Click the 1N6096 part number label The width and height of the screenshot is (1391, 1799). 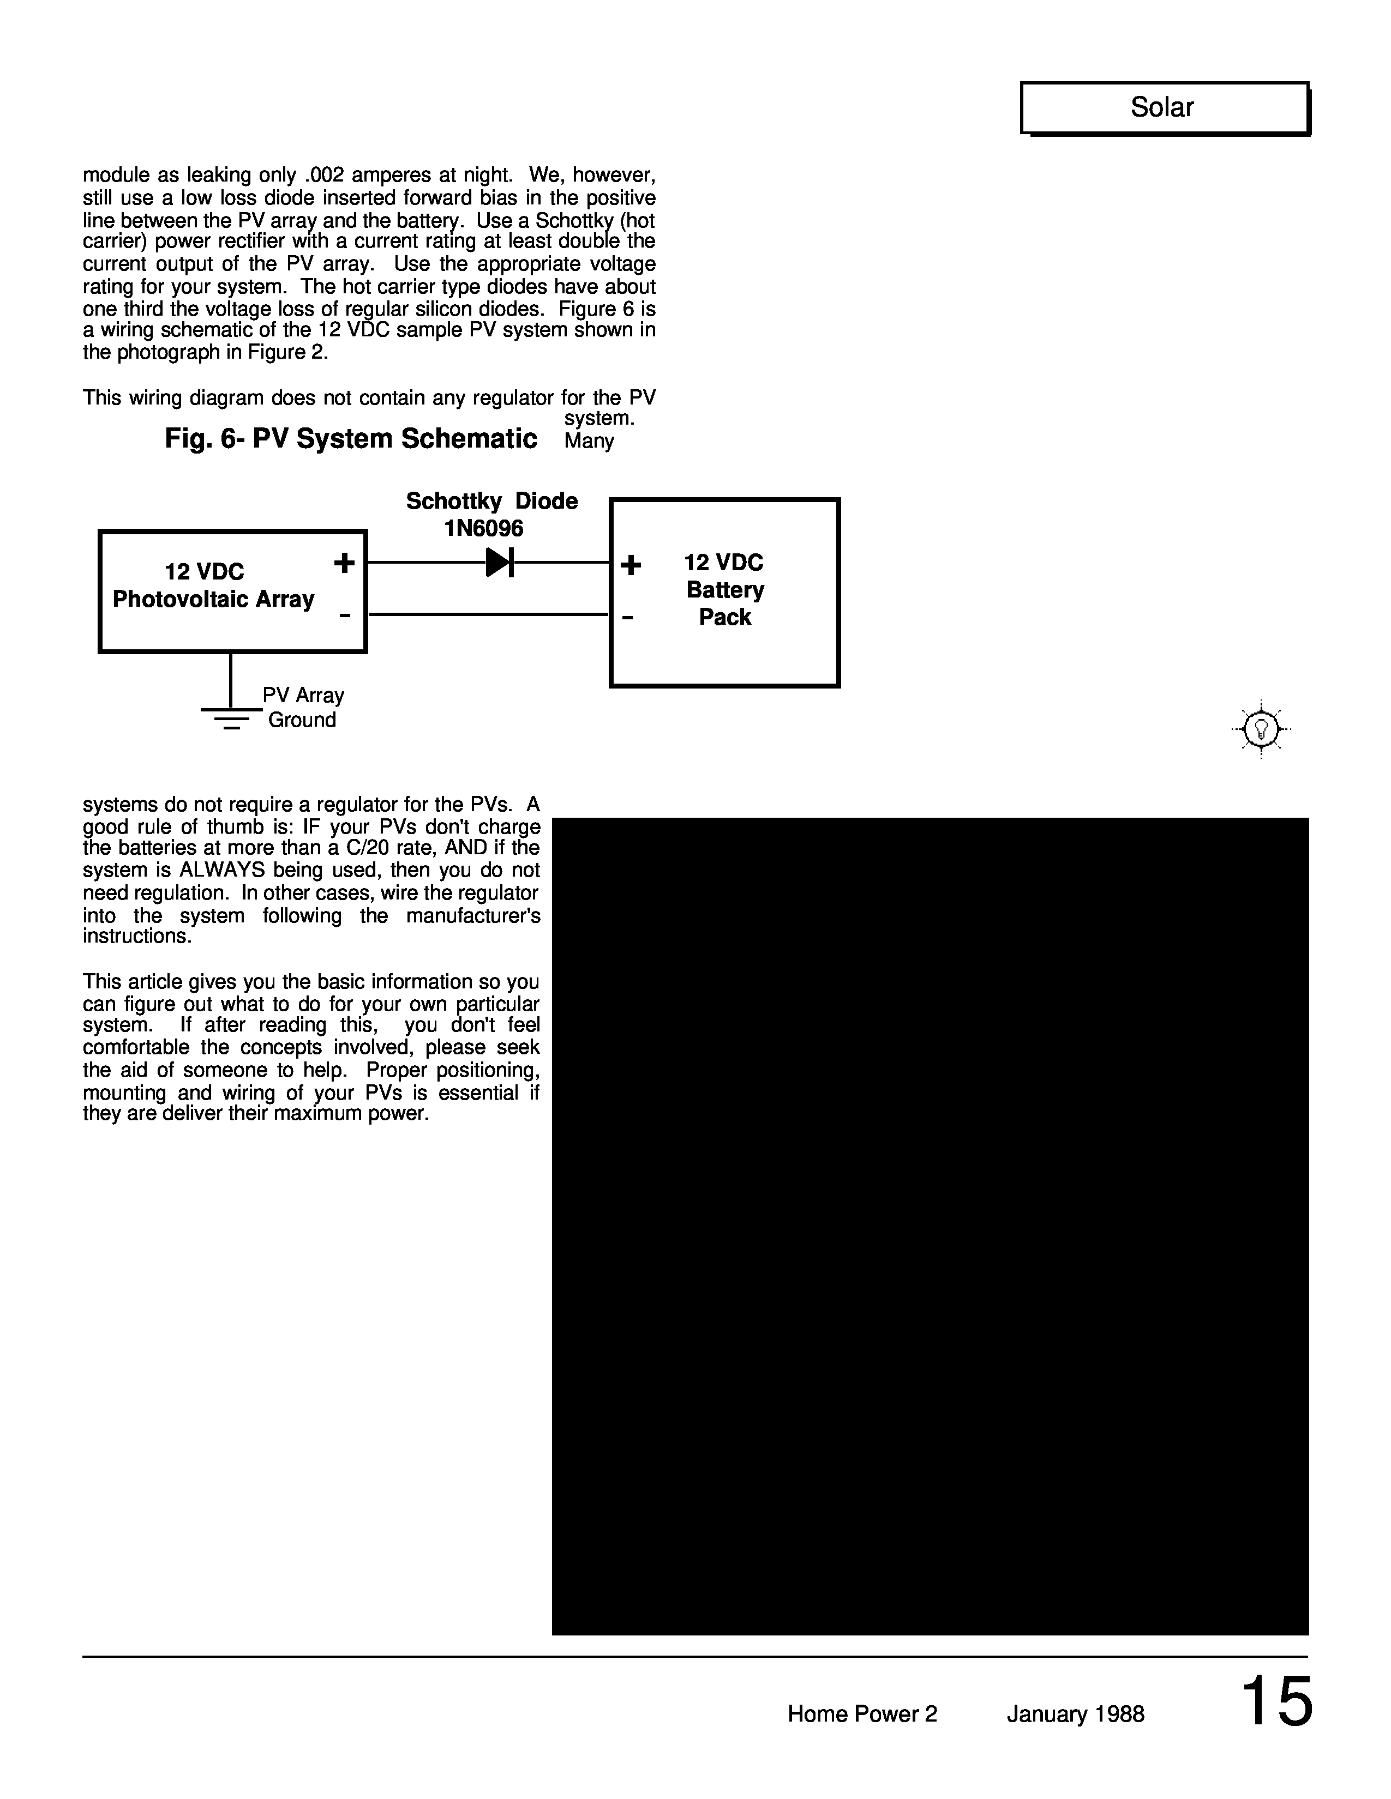484,528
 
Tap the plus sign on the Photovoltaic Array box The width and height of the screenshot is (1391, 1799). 344,564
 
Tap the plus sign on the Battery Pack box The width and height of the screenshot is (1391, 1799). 631,565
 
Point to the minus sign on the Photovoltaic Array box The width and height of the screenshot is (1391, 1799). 344,615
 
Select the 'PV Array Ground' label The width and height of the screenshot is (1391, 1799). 302,708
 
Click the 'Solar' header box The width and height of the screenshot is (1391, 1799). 1164,108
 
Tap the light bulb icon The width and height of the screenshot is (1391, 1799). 1261,729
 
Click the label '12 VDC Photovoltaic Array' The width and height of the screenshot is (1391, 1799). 213,585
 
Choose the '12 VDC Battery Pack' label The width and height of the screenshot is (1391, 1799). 724,590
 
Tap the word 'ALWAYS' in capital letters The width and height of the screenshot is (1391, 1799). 221,871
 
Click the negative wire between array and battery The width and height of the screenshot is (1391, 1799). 488,614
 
